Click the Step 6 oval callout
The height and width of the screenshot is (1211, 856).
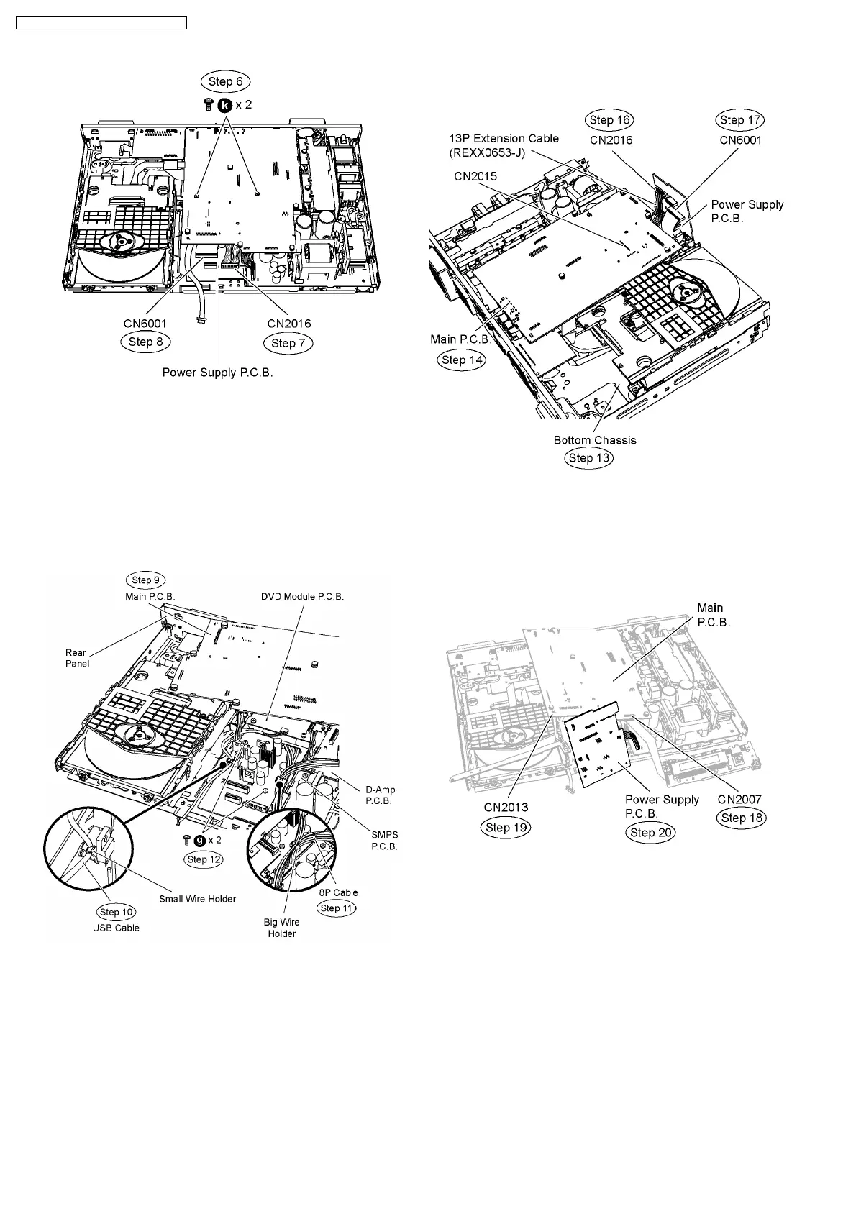(x=225, y=81)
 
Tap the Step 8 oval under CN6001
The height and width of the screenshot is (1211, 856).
(x=145, y=342)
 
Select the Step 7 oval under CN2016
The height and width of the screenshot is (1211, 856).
(x=288, y=343)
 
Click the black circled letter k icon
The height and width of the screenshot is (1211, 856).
(x=225, y=105)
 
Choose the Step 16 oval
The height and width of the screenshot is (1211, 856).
(x=611, y=120)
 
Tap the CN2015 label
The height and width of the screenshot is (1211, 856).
(x=475, y=175)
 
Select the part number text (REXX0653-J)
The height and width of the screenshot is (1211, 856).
(x=488, y=152)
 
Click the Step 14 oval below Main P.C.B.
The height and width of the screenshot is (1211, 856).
(x=461, y=360)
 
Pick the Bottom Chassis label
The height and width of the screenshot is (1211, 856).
(x=595, y=440)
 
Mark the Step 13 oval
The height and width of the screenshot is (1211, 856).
(x=589, y=458)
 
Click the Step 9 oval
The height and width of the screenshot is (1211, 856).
(x=146, y=580)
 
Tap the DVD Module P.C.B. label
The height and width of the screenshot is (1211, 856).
(x=302, y=597)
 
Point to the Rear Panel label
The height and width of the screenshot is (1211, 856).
(x=77, y=658)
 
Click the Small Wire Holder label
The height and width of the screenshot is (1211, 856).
(x=197, y=898)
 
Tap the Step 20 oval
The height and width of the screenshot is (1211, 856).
(x=651, y=833)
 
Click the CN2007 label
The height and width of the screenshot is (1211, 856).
(x=739, y=799)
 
